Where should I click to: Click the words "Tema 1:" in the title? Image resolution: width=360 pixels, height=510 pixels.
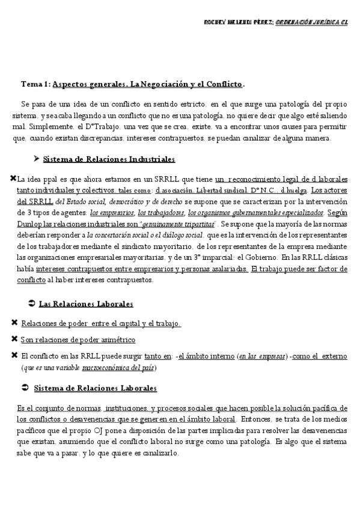pyautogui.click(x=35, y=84)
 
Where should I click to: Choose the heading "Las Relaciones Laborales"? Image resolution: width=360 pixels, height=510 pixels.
pyautogui.click(x=86, y=304)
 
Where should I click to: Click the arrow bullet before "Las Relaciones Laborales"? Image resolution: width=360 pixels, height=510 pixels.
pyautogui.click(x=32, y=304)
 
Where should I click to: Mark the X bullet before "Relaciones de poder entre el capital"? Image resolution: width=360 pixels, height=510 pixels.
pyautogui.click(x=14, y=323)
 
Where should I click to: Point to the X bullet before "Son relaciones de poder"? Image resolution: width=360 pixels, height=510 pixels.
pyautogui.click(x=14, y=339)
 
